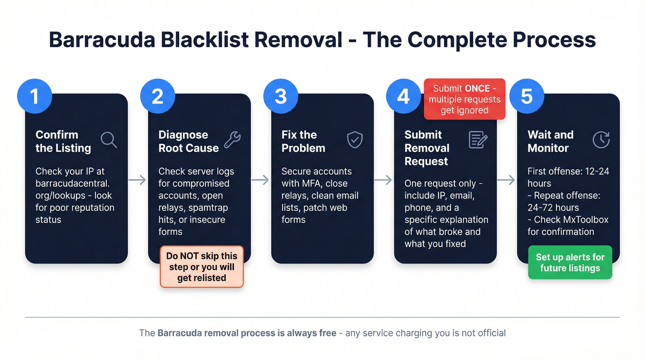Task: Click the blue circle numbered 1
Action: point(34,96)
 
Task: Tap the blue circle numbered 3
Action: point(280,96)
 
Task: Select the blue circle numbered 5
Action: point(526,96)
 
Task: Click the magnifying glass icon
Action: point(109,139)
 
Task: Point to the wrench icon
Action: point(232,139)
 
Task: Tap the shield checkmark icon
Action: point(355,140)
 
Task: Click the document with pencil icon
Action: point(478,140)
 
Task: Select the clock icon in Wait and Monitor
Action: point(601,140)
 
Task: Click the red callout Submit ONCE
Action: point(464,100)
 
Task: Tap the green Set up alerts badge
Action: point(570,263)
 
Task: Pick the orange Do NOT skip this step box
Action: point(202,267)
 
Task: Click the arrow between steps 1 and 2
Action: point(137,180)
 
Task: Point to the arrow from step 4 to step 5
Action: point(506,180)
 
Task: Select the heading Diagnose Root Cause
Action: point(188,142)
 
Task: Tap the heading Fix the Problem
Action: point(303,142)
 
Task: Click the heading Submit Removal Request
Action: point(427,148)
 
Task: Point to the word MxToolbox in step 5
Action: point(586,219)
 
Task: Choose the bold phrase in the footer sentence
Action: point(246,333)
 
